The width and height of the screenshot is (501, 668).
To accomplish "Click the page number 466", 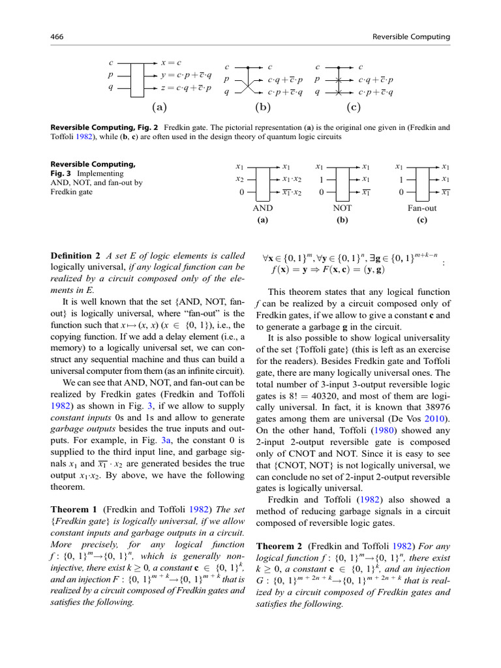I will coord(57,37).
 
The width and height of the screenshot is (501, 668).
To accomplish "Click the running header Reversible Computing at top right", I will coord(410,37).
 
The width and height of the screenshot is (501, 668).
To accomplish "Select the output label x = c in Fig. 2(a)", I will coord(171,63).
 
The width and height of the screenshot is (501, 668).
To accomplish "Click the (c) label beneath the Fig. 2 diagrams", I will coord(354,107).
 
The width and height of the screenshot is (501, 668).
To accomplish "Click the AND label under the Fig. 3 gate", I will coord(262,209).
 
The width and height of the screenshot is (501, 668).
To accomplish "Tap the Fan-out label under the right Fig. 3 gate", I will coord(421,209).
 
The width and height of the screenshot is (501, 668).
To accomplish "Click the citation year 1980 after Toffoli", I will coord(378,431).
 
